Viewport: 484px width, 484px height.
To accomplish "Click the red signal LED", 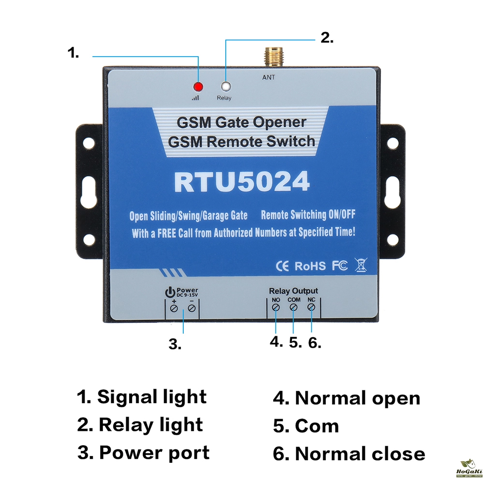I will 197,87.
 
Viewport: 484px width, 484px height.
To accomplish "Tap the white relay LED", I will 225,87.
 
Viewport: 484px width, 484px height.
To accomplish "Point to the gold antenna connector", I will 269,58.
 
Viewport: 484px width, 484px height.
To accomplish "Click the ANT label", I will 269,77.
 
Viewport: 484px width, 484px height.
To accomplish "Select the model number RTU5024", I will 241,183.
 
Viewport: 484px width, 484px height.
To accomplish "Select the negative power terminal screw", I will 192,308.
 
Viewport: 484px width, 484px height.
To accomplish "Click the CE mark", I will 282,265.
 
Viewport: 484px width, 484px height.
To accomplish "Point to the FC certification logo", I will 339,265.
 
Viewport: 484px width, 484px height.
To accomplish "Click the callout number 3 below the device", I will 175,344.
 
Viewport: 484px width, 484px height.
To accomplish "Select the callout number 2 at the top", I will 327,38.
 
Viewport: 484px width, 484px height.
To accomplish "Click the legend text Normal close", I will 349,454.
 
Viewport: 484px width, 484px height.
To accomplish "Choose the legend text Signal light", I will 142,397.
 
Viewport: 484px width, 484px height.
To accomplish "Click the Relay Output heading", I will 293,291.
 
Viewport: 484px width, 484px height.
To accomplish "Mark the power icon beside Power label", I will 169,292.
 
